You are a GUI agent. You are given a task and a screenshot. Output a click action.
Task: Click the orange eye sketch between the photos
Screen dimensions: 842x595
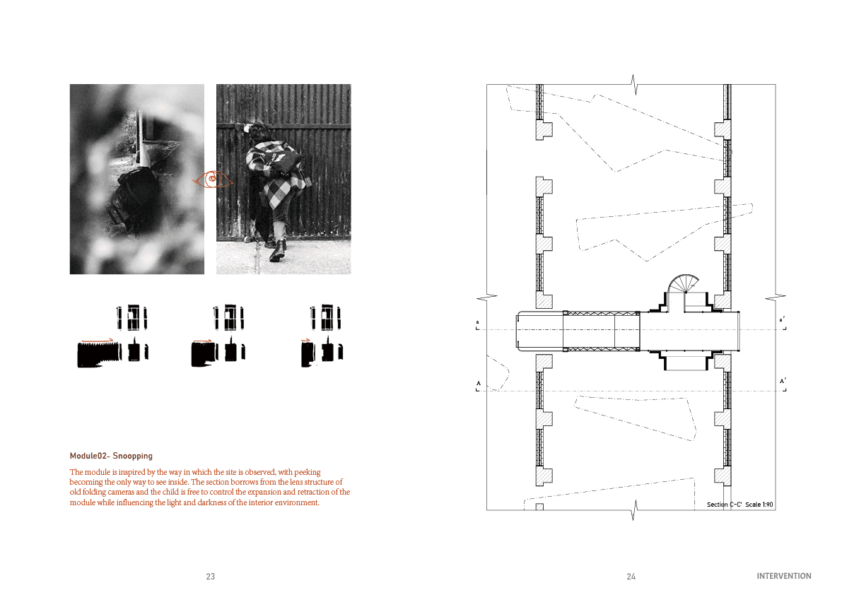tap(213, 179)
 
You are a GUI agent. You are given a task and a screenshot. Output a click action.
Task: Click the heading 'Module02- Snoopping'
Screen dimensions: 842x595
tap(111, 456)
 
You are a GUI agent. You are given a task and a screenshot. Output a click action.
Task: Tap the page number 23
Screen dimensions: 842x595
tap(211, 576)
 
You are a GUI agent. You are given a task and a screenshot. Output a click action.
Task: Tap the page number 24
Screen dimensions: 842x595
tap(631, 576)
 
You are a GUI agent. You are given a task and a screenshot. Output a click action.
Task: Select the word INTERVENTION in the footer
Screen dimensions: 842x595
tap(784, 576)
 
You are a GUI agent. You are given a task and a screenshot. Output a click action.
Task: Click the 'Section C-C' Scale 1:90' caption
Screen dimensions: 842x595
tap(740, 505)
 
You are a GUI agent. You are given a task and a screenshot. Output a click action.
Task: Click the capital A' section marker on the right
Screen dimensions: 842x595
tap(783, 381)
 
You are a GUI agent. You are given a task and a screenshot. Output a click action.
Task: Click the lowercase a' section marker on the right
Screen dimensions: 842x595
tap(782, 319)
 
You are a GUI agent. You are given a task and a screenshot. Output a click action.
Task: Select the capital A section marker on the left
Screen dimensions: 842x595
tap(479, 383)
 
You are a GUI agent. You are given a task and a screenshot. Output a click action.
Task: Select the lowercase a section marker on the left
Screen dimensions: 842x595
tap(477, 322)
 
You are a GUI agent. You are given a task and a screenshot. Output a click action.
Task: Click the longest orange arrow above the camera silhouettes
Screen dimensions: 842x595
tap(97, 340)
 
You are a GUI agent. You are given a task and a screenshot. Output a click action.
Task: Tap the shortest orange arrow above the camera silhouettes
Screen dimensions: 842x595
tap(306, 340)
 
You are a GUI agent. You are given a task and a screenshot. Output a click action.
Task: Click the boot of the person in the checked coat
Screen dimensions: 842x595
tap(277, 251)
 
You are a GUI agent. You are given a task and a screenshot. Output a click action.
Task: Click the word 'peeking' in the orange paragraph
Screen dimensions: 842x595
tap(307, 472)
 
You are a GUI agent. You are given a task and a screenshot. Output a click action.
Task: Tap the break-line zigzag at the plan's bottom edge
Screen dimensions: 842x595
tap(633, 510)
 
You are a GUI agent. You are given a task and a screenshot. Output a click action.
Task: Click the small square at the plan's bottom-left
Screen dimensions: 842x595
tap(539, 507)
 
